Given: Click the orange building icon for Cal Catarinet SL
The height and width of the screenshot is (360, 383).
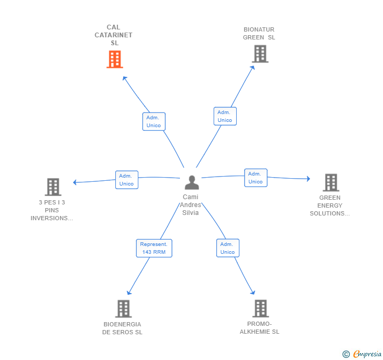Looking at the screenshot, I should pyautogui.click(x=114, y=59).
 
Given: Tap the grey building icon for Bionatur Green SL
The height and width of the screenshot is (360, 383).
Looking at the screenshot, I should pyautogui.click(x=259, y=54).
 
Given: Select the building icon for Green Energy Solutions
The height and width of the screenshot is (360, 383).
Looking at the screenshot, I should pyautogui.click(x=330, y=182).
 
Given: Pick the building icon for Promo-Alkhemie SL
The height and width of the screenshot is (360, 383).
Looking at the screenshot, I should pyautogui.click(x=260, y=308).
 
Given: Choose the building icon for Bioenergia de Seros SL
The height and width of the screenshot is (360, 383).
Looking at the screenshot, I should pyautogui.click(x=123, y=308).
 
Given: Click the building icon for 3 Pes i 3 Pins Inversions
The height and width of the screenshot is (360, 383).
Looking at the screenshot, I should pyautogui.click(x=53, y=187).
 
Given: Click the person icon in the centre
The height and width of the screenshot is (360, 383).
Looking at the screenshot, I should pyautogui.click(x=191, y=182).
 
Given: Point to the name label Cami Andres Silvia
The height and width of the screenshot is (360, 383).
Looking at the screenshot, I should pyautogui.click(x=190, y=205).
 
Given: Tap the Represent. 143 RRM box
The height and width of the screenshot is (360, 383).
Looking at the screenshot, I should pyautogui.click(x=154, y=248).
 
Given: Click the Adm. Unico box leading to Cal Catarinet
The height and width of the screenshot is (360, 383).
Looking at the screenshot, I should pyautogui.click(x=154, y=121).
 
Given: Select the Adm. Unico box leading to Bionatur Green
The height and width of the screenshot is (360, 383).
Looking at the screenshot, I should pyautogui.click(x=225, y=116).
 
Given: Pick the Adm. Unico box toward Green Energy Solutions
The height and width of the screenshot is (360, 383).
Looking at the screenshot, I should pyautogui.click(x=255, y=178).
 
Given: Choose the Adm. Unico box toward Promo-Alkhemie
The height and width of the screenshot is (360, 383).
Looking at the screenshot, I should pyautogui.click(x=227, y=248).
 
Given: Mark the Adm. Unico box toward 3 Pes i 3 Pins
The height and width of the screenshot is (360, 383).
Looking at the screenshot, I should pyautogui.click(x=126, y=180).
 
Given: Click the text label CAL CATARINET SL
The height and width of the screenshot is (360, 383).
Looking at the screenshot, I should pyautogui.click(x=114, y=35).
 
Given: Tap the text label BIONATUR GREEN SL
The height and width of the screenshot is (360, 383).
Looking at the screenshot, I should pyautogui.click(x=259, y=34).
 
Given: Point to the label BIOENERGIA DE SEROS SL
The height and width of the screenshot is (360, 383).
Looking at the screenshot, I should pyautogui.click(x=123, y=328).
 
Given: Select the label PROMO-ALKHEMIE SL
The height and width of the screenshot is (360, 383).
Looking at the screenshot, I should pyautogui.click(x=259, y=328).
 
